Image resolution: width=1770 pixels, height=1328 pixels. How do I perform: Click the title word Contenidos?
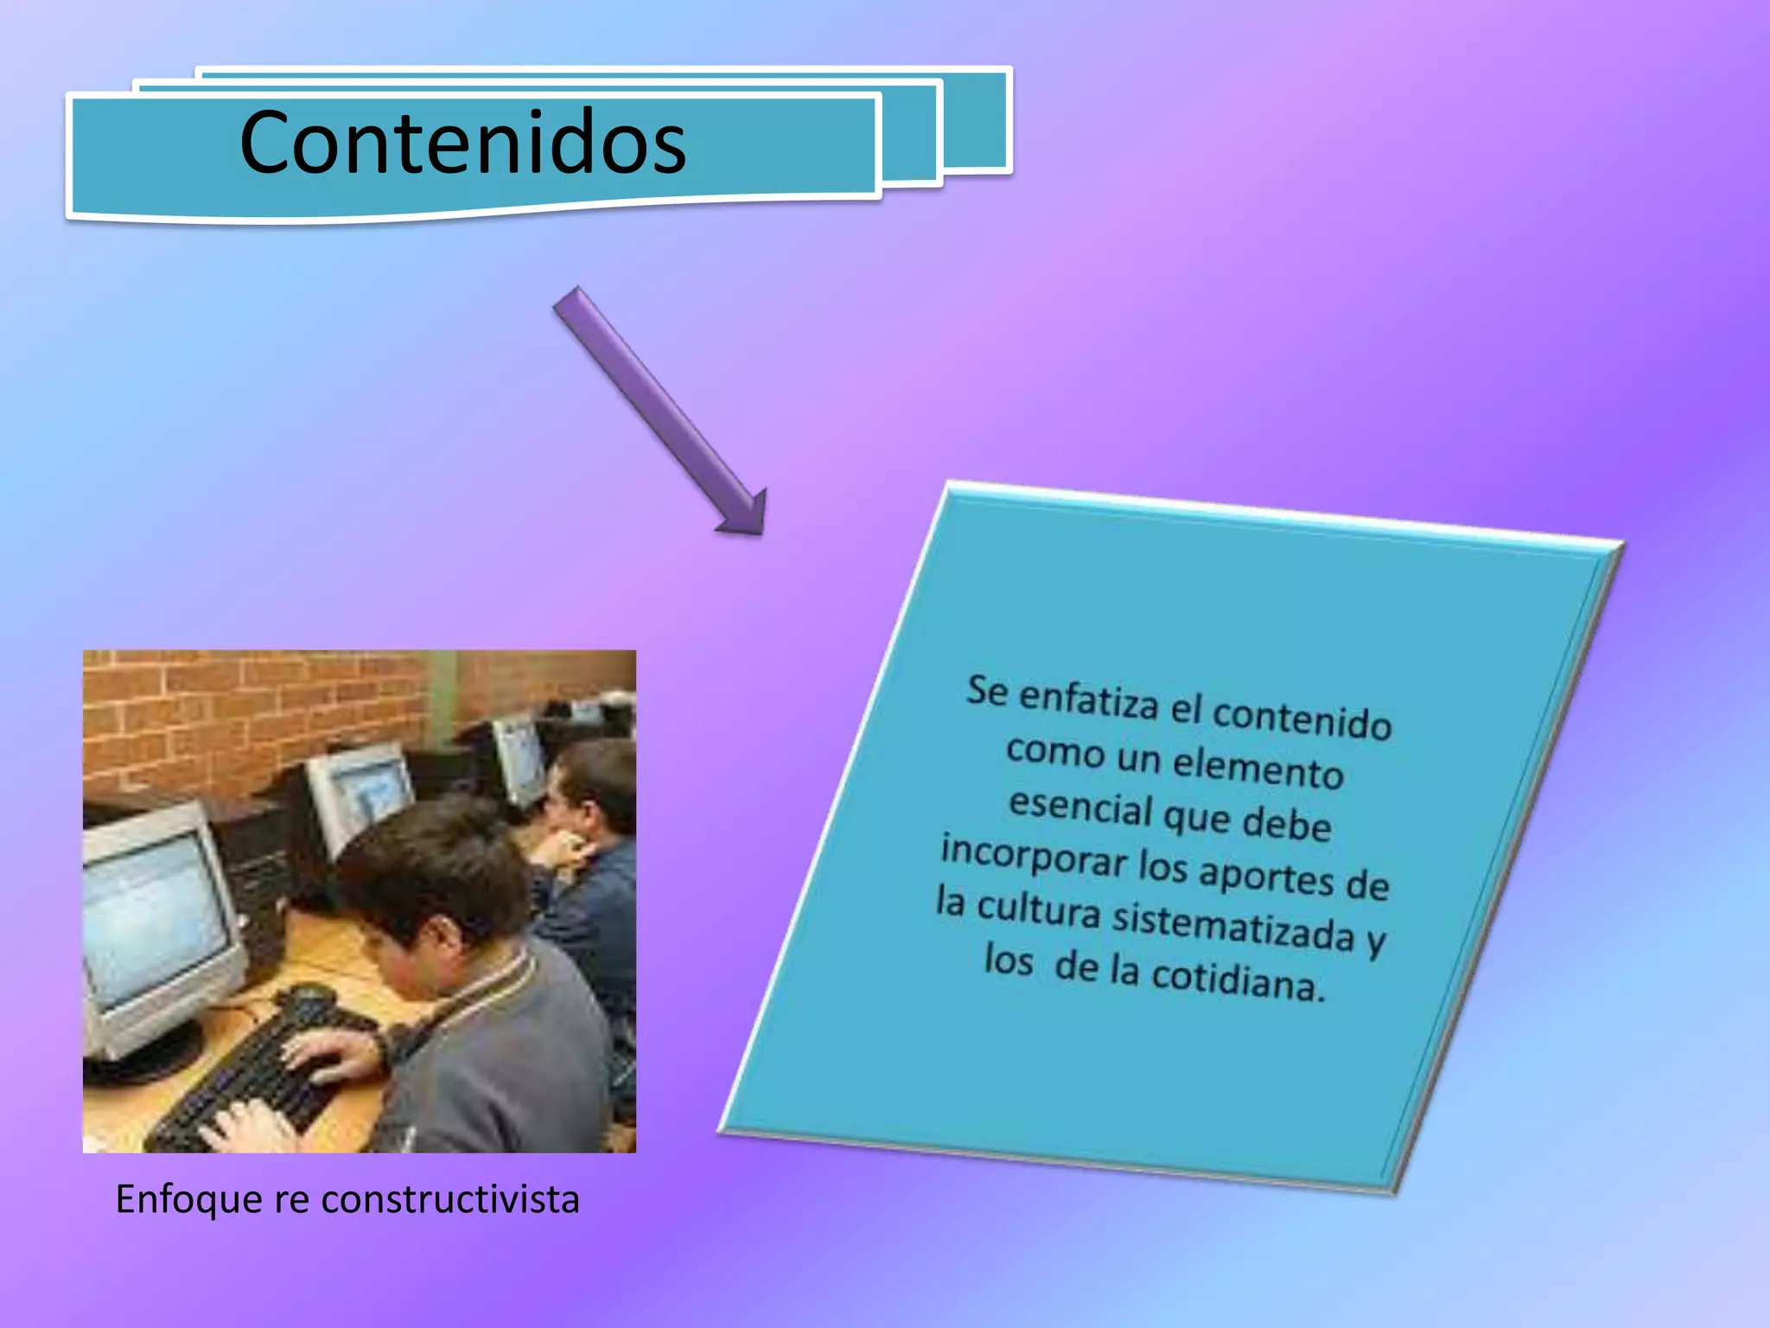pos(462,143)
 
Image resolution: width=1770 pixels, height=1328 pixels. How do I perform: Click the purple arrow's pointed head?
pos(745,514)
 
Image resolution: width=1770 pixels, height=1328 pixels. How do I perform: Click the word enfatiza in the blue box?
pos(1088,699)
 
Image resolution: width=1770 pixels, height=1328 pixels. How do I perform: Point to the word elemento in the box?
pos(1257,767)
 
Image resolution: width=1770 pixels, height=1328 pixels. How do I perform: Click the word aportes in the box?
pos(1266,876)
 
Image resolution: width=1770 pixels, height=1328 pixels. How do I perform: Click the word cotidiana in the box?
pos(1238,980)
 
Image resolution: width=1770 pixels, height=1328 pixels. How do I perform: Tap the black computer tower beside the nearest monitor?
pos(259,873)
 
